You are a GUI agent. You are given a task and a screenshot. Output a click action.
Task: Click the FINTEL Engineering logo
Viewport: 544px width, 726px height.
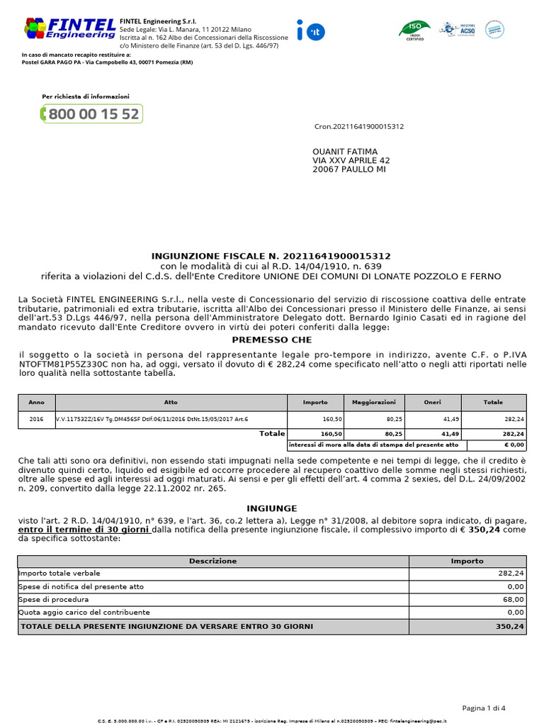pos(69,28)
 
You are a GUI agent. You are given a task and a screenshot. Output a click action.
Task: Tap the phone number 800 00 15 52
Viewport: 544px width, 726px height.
pos(92,114)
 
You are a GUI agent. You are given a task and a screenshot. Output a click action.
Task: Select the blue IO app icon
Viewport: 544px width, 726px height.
pos(310,30)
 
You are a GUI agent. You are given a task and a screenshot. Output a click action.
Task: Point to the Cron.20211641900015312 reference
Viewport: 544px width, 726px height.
pos(359,127)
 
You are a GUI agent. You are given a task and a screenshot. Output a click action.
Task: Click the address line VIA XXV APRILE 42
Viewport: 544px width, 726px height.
pos(351,161)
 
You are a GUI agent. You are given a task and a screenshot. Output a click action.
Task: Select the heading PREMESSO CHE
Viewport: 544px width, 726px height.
pos(271,340)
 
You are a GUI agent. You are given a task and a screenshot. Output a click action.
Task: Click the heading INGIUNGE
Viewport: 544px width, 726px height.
pos(271,508)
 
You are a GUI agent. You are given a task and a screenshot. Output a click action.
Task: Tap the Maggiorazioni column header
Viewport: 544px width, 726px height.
pos(373,402)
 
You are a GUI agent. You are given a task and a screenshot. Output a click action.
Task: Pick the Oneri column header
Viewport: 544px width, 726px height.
pos(432,402)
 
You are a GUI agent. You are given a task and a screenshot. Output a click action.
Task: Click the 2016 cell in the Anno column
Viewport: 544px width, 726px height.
pos(36,419)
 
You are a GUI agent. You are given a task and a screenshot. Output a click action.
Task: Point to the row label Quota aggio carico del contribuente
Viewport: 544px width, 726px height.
pos(84,612)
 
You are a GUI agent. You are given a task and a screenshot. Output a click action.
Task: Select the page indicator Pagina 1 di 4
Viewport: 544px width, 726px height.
pos(484,708)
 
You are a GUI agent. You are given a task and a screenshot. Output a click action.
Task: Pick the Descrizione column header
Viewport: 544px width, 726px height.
pos(212,561)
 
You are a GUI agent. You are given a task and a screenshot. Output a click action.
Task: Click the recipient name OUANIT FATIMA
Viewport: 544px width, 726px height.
pos(345,152)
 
